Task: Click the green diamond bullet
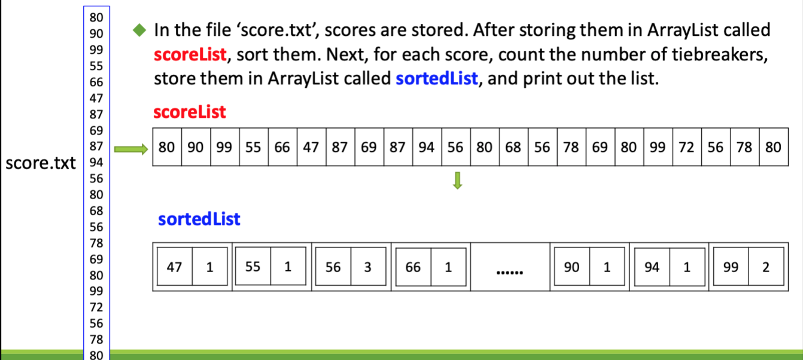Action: tap(139, 30)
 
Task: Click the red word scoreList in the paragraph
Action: tap(190, 54)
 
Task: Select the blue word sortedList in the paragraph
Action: tap(437, 78)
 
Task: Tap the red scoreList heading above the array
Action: tap(190, 112)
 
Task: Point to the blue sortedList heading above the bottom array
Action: tap(199, 219)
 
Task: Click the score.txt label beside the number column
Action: tap(41, 163)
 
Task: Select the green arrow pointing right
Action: tap(131, 149)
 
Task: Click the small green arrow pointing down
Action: tap(457, 181)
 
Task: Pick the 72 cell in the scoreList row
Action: tap(687, 147)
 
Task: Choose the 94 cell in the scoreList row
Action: tap(427, 147)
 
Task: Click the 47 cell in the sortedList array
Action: tap(175, 267)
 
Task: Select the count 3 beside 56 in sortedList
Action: tap(368, 267)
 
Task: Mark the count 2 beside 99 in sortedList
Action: tap(766, 267)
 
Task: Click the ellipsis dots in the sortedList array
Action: tap(510, 273)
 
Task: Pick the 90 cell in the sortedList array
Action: tap(572, 267)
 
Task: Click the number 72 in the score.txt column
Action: tap(96, 307)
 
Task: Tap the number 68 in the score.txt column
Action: tap(96, 210)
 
